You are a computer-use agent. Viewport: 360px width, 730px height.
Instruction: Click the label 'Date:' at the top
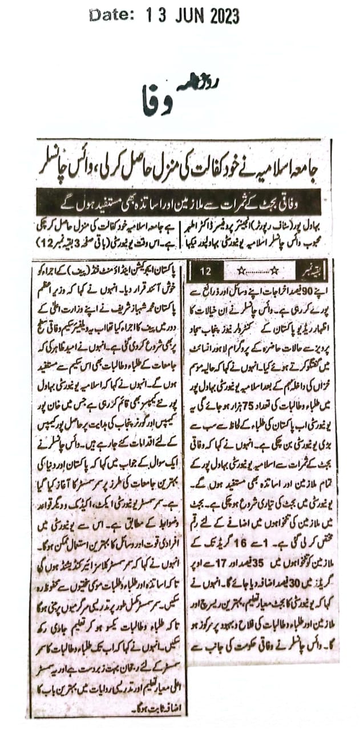(x=112, y=17)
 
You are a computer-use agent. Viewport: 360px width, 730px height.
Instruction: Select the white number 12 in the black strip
(x=205, y=270)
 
